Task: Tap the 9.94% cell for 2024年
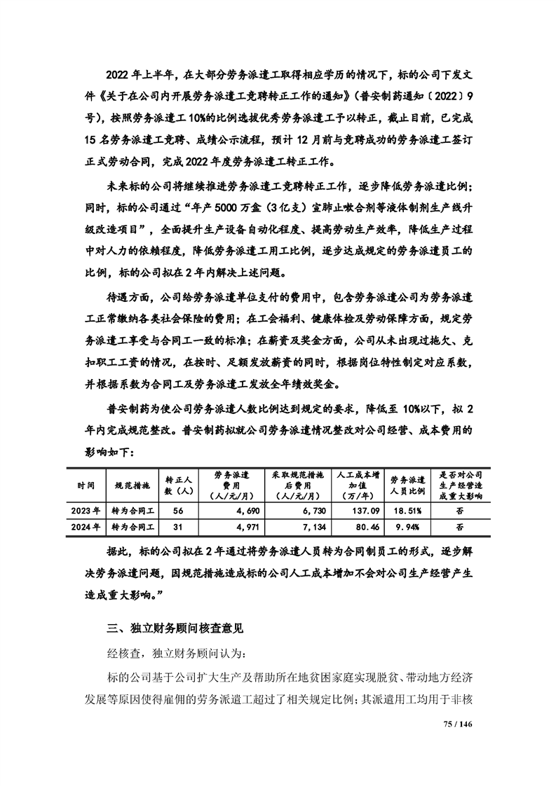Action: pos(407,525)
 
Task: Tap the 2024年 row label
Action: pos(88,525)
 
